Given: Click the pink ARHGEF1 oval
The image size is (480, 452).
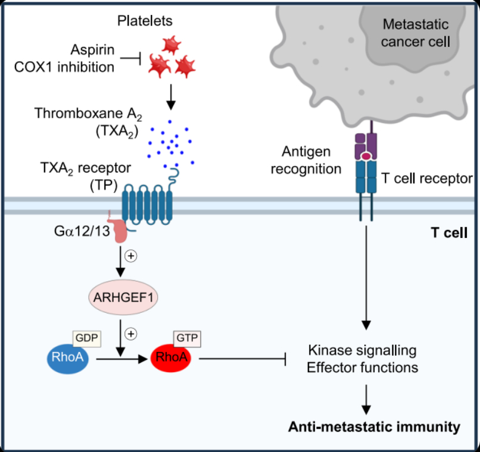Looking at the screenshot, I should point(123,296).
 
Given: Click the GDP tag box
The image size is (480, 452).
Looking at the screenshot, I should point(86,337).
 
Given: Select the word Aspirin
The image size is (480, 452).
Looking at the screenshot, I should point(93,51).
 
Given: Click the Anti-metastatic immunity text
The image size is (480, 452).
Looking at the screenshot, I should point(374,426).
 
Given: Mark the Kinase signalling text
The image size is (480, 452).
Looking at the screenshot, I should point(362,349).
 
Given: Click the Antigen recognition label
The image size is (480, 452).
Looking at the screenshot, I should point(306,160).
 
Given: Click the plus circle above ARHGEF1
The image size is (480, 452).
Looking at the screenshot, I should point(132,258).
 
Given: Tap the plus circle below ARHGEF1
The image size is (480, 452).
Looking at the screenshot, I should point(132,333).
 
